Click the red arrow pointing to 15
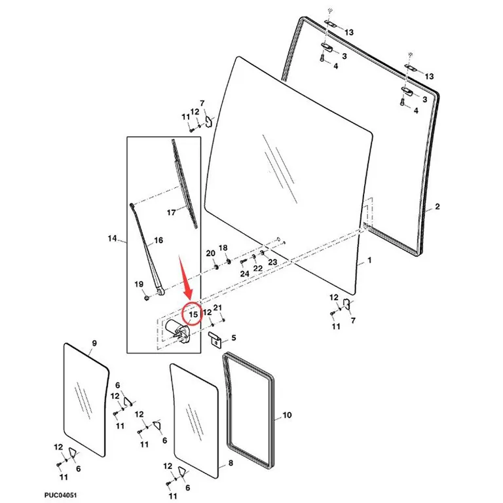tap(186, 276)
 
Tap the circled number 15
tap(193, 314)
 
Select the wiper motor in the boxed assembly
tap(177, 331)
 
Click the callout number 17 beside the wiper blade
tap(172, 212)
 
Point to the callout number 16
tap(158, 240)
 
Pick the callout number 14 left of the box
tap(112, 238)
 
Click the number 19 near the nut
tap(139, 284)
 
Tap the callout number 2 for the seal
tap(438, 206)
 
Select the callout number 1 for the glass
tap(369, 260)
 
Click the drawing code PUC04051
tap(60, 495)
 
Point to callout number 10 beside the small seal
tap(287, 415)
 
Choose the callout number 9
tap(94, 344)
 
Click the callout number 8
tap(231, 463)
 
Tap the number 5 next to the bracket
tap(234, 338)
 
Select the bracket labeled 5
tap(215, 339)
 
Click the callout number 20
tap(210, 253)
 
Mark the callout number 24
tap(245, 274)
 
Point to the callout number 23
tap(272, 262)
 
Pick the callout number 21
tap(217, 308)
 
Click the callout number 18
tap(223, 248)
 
